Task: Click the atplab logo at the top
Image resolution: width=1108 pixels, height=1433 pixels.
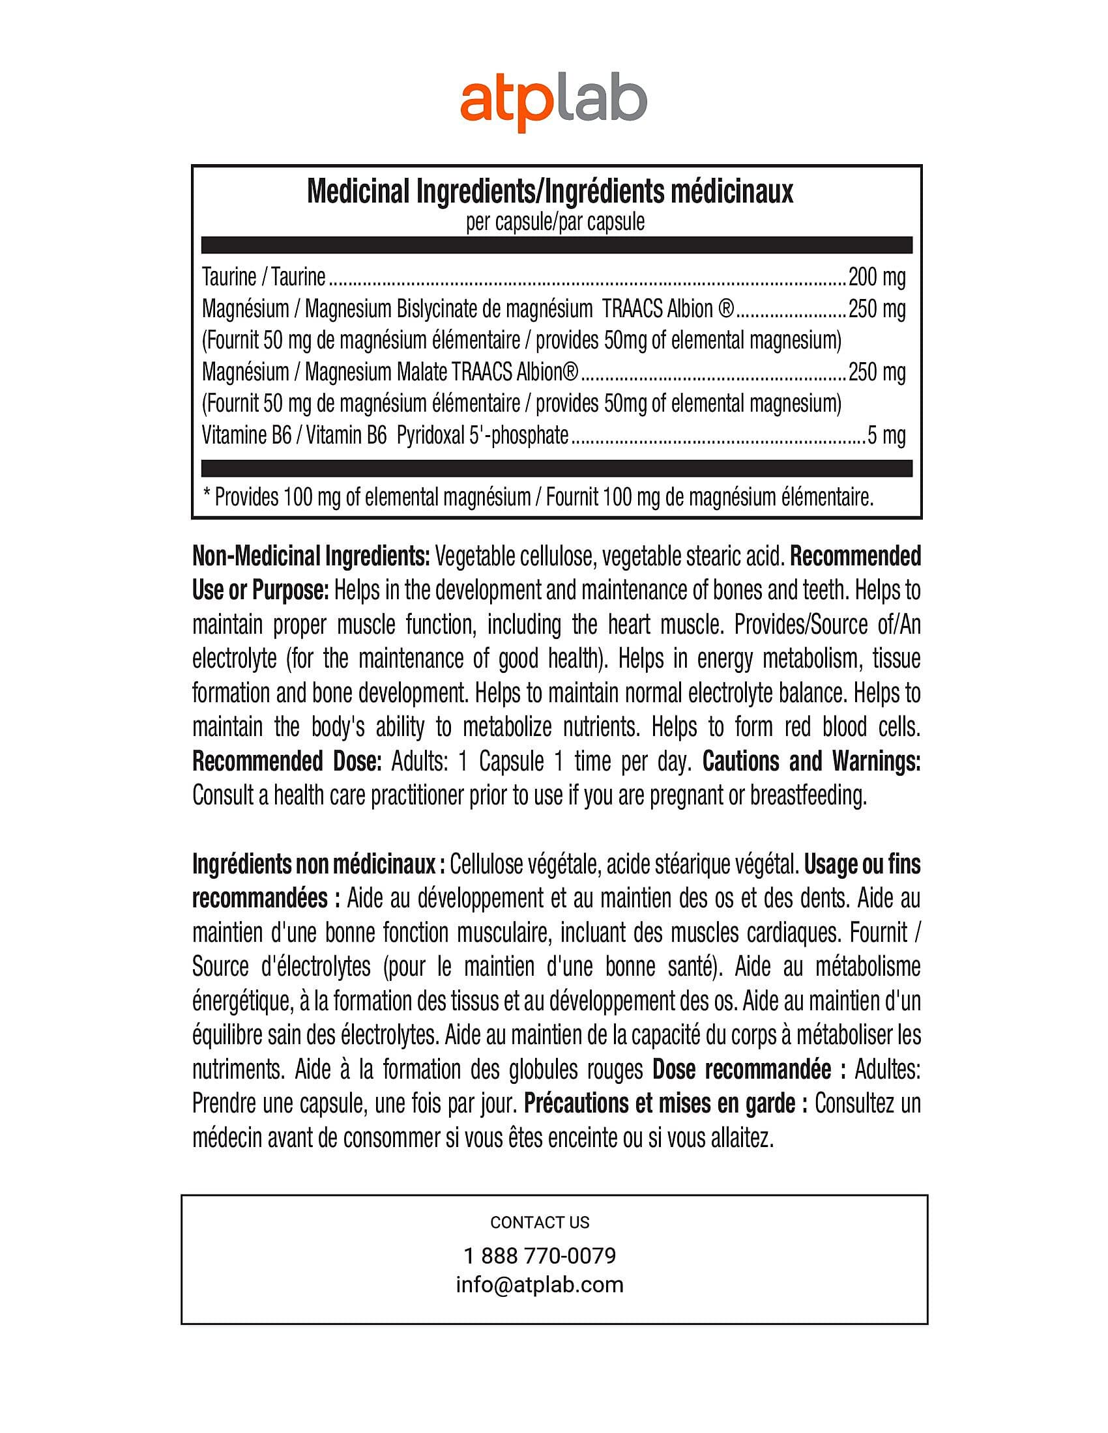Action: click(x=553, y=104)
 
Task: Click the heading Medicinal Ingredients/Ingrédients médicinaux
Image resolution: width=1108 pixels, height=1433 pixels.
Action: click(x=550, y=192)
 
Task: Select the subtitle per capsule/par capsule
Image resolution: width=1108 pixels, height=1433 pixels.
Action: click(x=555, y=222)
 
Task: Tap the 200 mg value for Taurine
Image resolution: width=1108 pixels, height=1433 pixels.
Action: click(x=876, y=277)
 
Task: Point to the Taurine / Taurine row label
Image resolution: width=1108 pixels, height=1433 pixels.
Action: click(x=263, y=277)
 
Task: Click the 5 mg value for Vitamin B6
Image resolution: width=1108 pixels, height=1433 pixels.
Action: click(x=886, y=436)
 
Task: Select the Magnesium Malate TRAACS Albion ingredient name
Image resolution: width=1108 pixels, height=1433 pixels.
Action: click(x=441, y=373)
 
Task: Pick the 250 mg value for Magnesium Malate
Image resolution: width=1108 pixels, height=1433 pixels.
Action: click(x=876, y=373)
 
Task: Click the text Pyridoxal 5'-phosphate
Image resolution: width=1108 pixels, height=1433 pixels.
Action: click(x=482, y=436)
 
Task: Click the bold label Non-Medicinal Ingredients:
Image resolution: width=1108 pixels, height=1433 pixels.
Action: click(x=311, y=556)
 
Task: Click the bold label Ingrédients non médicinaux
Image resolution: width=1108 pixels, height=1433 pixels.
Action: click(x=313, y=865)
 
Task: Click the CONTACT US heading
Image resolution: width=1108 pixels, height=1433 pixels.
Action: click(x=540, y=1223)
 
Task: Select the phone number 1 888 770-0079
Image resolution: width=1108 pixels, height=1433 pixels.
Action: click(x=540, y=1256)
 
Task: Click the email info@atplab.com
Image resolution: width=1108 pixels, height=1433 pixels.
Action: click(x=540, y=1284)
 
